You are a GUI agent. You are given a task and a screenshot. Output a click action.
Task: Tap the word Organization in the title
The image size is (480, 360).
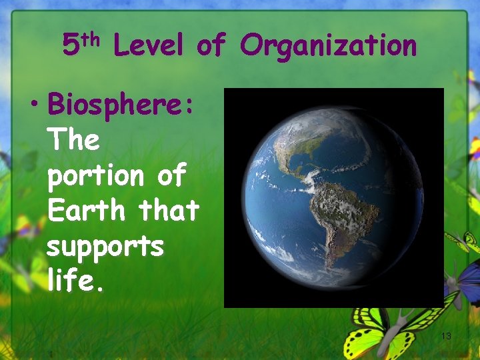pos(328,46)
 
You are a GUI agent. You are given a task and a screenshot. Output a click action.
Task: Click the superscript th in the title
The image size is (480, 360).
pos(93,39)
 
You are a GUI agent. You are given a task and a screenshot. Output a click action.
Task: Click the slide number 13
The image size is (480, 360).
pos(446,337)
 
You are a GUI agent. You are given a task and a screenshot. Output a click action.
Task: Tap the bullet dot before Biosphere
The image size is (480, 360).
pos(39,105)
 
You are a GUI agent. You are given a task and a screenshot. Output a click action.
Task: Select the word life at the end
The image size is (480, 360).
pos(72,281)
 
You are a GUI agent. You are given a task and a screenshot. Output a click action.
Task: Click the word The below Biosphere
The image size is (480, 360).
pos(74,140)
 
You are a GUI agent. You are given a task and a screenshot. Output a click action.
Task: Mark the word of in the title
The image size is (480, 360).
pos(211,46)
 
